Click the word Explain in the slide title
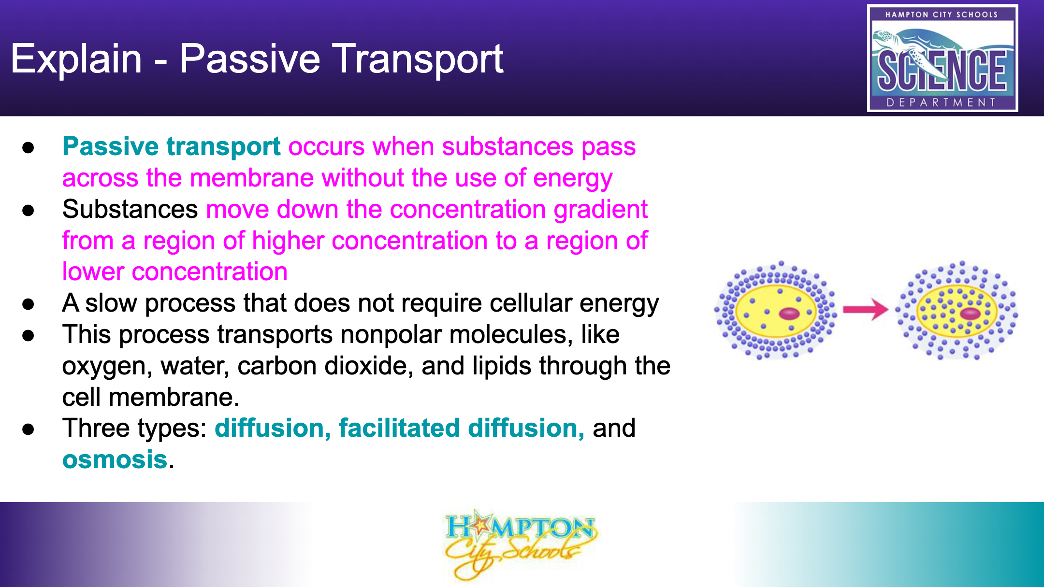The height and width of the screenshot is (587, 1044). [76, 59]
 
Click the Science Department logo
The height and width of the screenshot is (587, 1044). [942, 58]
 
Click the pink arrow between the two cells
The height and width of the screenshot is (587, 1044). [865, 310]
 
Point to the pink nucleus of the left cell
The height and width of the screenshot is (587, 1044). [789, 314]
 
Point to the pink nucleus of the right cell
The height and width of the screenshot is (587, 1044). [970, 314]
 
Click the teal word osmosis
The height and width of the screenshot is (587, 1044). [115, 459]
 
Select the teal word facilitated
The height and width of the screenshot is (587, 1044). [399, 428]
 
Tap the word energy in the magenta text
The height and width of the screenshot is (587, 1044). [573, 179]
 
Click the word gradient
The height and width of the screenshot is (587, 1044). [600, 210]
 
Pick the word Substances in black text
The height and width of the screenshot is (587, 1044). [130, 209]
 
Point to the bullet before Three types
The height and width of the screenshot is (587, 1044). [28, 429]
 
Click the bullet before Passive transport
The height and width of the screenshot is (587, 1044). [28, 147]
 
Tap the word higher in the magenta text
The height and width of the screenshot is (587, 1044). [288, 241]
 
